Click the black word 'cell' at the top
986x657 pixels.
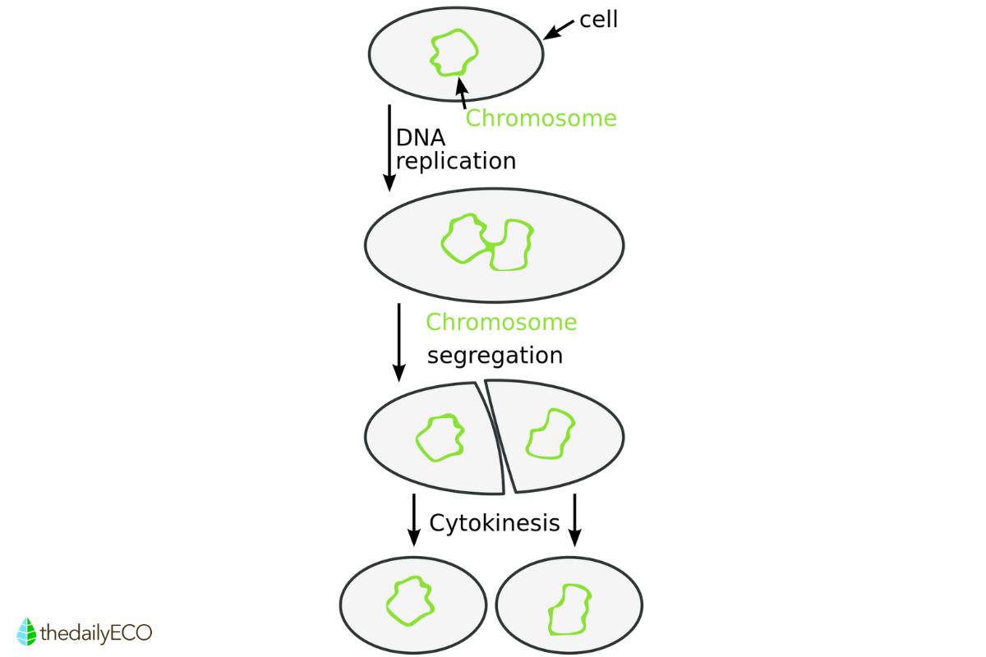[x=598, y=19]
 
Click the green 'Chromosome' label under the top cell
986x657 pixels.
[x=541, y=118]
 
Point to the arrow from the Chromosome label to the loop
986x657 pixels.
[x=463, y=93]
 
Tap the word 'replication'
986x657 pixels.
[x=456, y=160]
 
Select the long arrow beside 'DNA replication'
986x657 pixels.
[x=388, y=148]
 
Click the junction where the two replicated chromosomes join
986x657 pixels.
[x=490, y=246]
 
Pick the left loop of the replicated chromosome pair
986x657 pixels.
[x=463, y=239]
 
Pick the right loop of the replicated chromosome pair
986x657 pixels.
[x=513, y=245]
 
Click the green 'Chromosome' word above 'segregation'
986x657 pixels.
[x=501, y=322]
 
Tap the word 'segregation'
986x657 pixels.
[x=495, y=356]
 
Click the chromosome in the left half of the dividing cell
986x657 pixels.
[x=440, y=437]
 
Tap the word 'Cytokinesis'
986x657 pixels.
[x=495, y=522]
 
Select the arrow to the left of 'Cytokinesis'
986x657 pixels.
[x=413, y=520]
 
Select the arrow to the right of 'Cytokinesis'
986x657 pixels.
[x=574, y=520]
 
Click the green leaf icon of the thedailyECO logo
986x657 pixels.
[x=28, y=631]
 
